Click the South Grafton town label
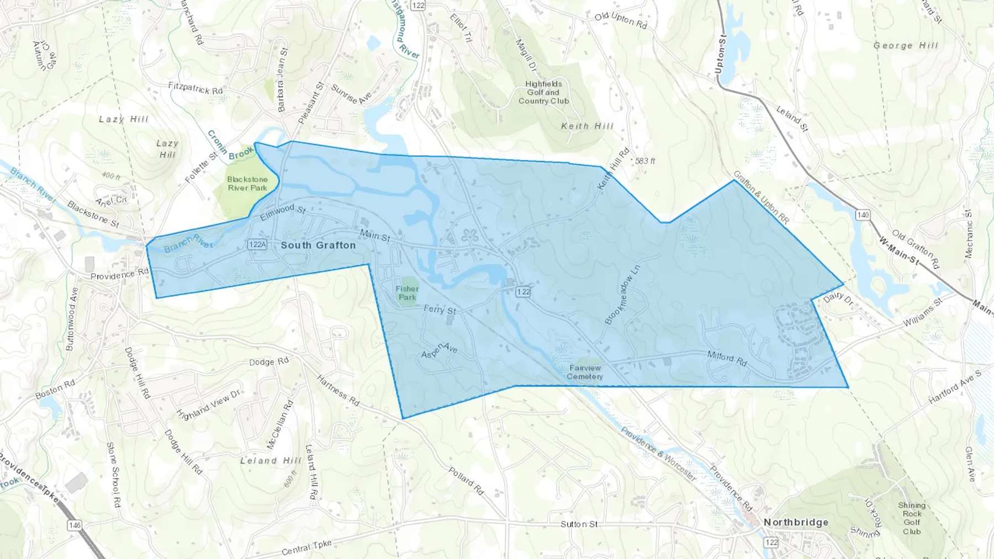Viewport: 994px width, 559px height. (318, 245)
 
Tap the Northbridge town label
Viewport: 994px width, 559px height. (796, 522)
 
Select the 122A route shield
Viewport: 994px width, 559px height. (257, 244)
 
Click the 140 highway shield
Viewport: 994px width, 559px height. (863, 215)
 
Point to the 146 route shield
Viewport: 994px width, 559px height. (75, 525)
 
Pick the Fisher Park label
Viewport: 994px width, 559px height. (407, 293)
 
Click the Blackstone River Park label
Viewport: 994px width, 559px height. (247, 183)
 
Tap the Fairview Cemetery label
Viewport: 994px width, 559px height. (585, 372)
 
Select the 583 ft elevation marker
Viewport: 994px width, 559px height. (645, 161)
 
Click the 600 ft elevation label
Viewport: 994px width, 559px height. (291, 478)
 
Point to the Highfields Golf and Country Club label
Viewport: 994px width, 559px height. (543, 92)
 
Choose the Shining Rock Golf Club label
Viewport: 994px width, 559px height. (912, 518)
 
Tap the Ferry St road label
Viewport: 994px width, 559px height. (440, 310)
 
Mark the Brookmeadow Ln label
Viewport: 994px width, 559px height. (622, 293)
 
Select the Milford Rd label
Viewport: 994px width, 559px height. (727, 358)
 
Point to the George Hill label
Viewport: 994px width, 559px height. (906, 46)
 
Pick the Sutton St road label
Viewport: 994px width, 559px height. (579, 524)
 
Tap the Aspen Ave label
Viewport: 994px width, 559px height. (440, 350)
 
